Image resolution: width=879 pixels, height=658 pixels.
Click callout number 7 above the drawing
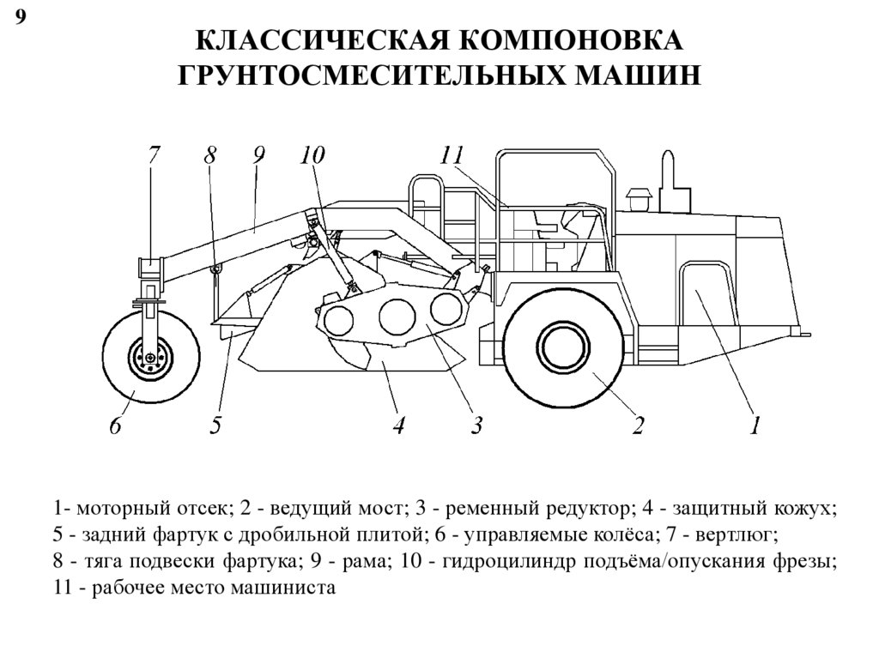154,156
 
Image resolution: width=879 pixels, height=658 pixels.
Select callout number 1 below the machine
755,425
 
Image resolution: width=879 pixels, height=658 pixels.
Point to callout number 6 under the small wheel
115,425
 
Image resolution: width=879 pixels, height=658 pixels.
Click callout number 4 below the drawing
398,425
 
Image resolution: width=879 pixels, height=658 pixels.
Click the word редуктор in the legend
585,509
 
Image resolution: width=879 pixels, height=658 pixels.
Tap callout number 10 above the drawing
312,156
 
